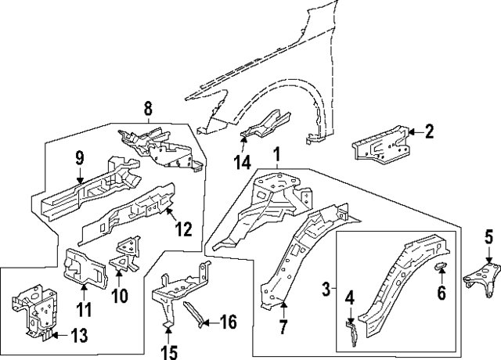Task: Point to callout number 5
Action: [488, 236]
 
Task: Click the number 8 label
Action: [147, 108]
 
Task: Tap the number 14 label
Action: [243, 163]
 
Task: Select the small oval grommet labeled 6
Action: [440, 268]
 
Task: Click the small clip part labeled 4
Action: [351, 329]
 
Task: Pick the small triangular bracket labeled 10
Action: [122, 254]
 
